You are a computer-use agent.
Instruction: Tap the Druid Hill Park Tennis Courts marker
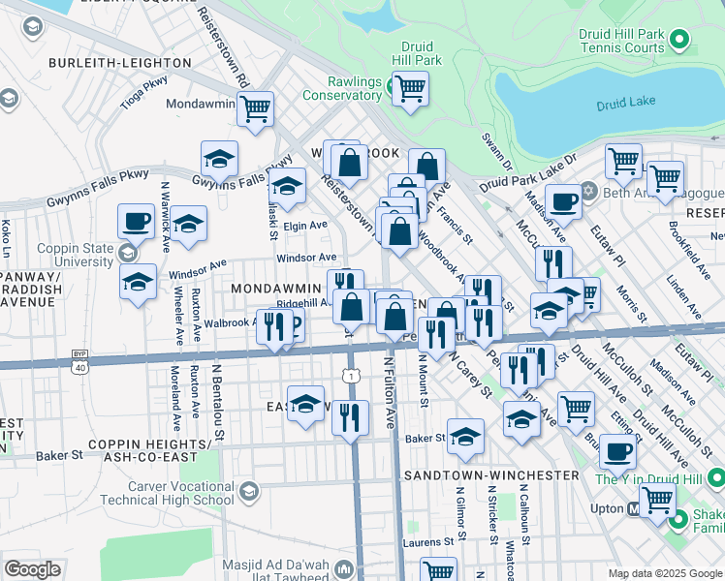click(679, 41)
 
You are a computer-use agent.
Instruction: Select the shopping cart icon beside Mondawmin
click(254, 108)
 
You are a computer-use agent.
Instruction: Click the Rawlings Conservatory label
click(341, 88)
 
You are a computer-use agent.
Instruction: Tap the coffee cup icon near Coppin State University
click(136, 221)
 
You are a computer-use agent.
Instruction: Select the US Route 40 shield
click(78, 365)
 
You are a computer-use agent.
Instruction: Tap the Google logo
click(32, 569)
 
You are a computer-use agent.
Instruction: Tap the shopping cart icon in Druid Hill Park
click(411, 88)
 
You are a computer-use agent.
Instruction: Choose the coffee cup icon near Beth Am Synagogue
click(563, 202)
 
